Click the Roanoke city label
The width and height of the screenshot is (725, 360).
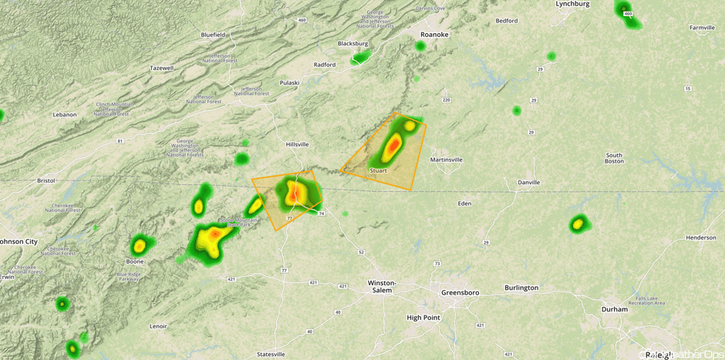click(433, 35)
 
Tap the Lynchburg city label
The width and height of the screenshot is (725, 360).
click(572, 5)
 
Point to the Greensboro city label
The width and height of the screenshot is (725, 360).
click(460, 293)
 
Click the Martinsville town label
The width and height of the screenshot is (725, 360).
click(446, 160)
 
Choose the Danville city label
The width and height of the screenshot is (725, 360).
click(529, 183)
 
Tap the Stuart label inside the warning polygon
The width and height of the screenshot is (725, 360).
click(377, 170)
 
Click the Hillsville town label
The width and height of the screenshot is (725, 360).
click(297, 144)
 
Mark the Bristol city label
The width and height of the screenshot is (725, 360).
click(46, 180)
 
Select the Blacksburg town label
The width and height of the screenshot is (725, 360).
click(352, 44)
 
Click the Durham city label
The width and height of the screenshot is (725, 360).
click(615, 309)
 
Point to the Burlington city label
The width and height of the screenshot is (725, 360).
click(521, 288)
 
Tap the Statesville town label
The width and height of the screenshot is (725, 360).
click(271, 354)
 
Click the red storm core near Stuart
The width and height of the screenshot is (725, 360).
click(393, 144)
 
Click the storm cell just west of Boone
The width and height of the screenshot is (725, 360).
click(139, 246)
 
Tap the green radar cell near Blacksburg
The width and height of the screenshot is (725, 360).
click(359, 57)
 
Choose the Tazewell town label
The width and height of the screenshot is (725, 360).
click(161, 68)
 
